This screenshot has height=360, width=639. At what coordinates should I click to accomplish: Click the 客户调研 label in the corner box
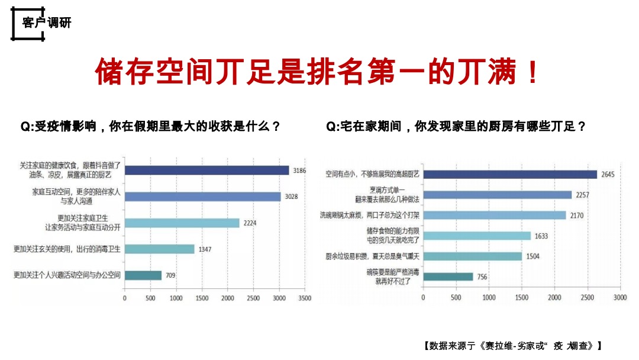pyautogui.click(x=46, y=23)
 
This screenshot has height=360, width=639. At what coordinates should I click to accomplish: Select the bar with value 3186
pyautogui.click(x=206, y=171)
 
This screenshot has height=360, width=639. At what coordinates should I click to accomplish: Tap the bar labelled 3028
pyautogui.click(x=202, y=197)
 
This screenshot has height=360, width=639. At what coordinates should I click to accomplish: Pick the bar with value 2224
pyautogui.click(x=182, y=223)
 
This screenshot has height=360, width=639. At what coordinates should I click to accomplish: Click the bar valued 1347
pyautogui.click(x=159, y=249)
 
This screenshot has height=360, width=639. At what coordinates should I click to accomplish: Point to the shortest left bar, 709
pyautogui.click(x=143, y=275)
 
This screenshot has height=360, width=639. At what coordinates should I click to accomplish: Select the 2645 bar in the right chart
pyautogui.click(x=509, y=174)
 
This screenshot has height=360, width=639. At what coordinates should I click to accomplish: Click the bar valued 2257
pyautogui.click(x=497, y=195)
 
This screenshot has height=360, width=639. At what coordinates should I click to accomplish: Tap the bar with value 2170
pyautogui.click(x=494, y=215)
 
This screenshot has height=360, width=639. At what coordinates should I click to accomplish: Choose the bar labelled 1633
pyautogui.click(x=476, y=236)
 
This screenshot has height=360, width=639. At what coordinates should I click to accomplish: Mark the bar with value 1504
pyautogui.click(x=472, y=256)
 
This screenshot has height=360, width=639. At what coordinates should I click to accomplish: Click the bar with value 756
pyautogui.click(x=448, y=277)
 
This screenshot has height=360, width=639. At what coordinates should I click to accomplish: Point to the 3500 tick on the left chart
pyautogui.click(x=305, y=298)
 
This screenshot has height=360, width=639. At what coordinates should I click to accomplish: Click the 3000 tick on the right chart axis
pyautogui.click(x=619, y=297)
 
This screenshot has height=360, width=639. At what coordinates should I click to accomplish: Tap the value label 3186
pyautogui.click(x=298, y=171)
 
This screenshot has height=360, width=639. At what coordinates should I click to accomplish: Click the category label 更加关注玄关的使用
pyautogui.click(x=67, y=249)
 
